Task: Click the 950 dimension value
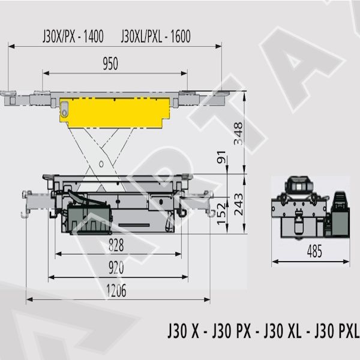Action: (110, 64)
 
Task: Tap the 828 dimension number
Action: (116, 245)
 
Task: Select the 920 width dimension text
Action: (116, 268)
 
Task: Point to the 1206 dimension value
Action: (116, 290)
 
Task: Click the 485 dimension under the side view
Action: (314, 251)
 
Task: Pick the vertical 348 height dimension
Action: (238, 134)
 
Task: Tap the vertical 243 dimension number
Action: (239, 205)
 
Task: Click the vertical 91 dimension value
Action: (221, 157)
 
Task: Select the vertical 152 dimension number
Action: (221, 214)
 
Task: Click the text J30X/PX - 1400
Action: (73, 36)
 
